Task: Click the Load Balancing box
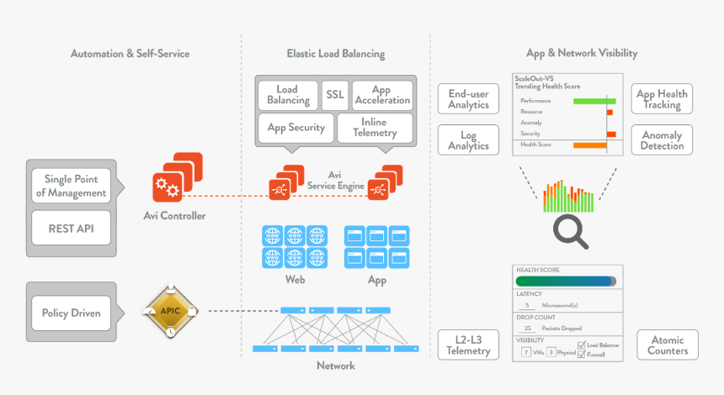pos(289,94)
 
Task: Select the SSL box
pos(335,94)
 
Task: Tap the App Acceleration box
pos(381,94)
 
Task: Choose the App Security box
pos(295,128)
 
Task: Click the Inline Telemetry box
pos(374,128)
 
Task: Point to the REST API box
pos(72,227)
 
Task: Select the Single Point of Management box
pos(72,186)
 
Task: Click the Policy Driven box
pos(72,313)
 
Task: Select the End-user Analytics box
pos(469,99)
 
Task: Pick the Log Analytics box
pos(469,140)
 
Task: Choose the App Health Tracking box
pos(662,99)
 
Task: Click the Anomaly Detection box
pos(662,140)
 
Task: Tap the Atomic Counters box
pos(668,345)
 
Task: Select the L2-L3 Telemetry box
pos(469,345)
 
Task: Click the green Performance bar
pos(594,101)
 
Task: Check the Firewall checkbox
pos(581,355)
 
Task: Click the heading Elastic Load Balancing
pos(335,53)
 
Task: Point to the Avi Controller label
pos(174,216)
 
